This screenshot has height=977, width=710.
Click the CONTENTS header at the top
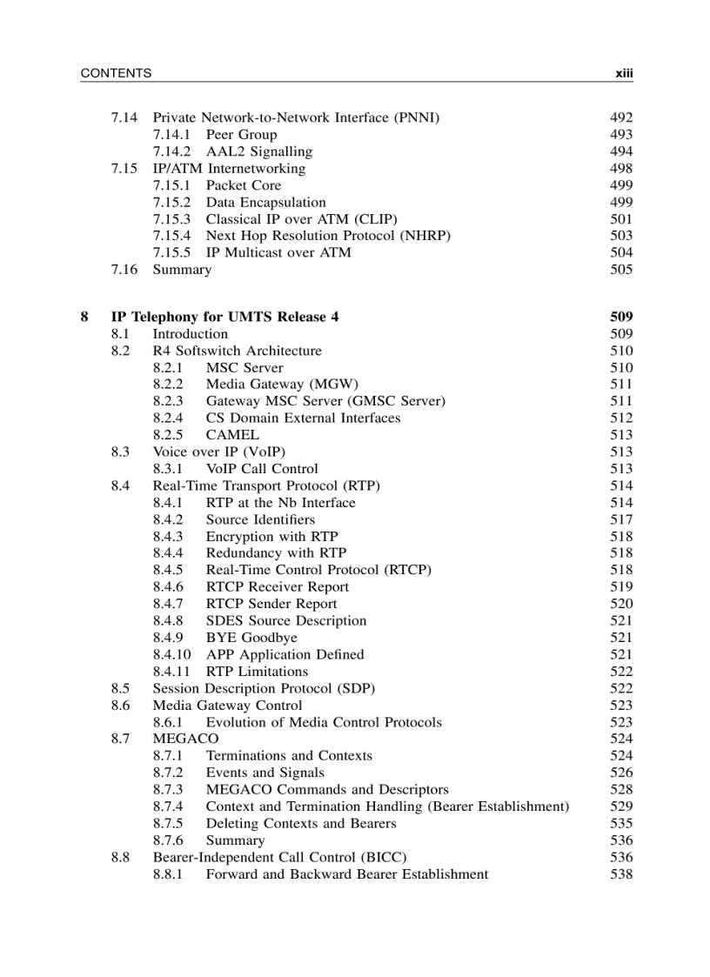point(116,74)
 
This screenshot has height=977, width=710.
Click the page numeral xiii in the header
point(624,74)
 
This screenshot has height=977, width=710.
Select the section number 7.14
point(124,117)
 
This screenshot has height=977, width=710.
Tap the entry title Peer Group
point(241,135)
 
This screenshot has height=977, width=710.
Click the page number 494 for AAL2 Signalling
point(621,151)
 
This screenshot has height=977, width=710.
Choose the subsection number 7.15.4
point(171,236)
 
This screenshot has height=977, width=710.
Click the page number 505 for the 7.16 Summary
point(621,270)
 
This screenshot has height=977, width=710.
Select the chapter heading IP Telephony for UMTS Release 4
point(224,318)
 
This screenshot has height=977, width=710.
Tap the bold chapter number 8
point(84,318)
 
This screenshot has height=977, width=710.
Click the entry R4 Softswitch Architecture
point(237,351)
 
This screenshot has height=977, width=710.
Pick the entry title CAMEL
point(232,435)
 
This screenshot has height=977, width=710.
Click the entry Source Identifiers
point(260,519)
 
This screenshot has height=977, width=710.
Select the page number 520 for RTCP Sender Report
point(621,604)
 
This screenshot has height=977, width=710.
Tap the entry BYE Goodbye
point(251,638)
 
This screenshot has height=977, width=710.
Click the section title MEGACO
point(185,739)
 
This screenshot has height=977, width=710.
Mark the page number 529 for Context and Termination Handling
point(621,806)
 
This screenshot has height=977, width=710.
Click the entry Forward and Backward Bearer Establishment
point(346,874)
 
